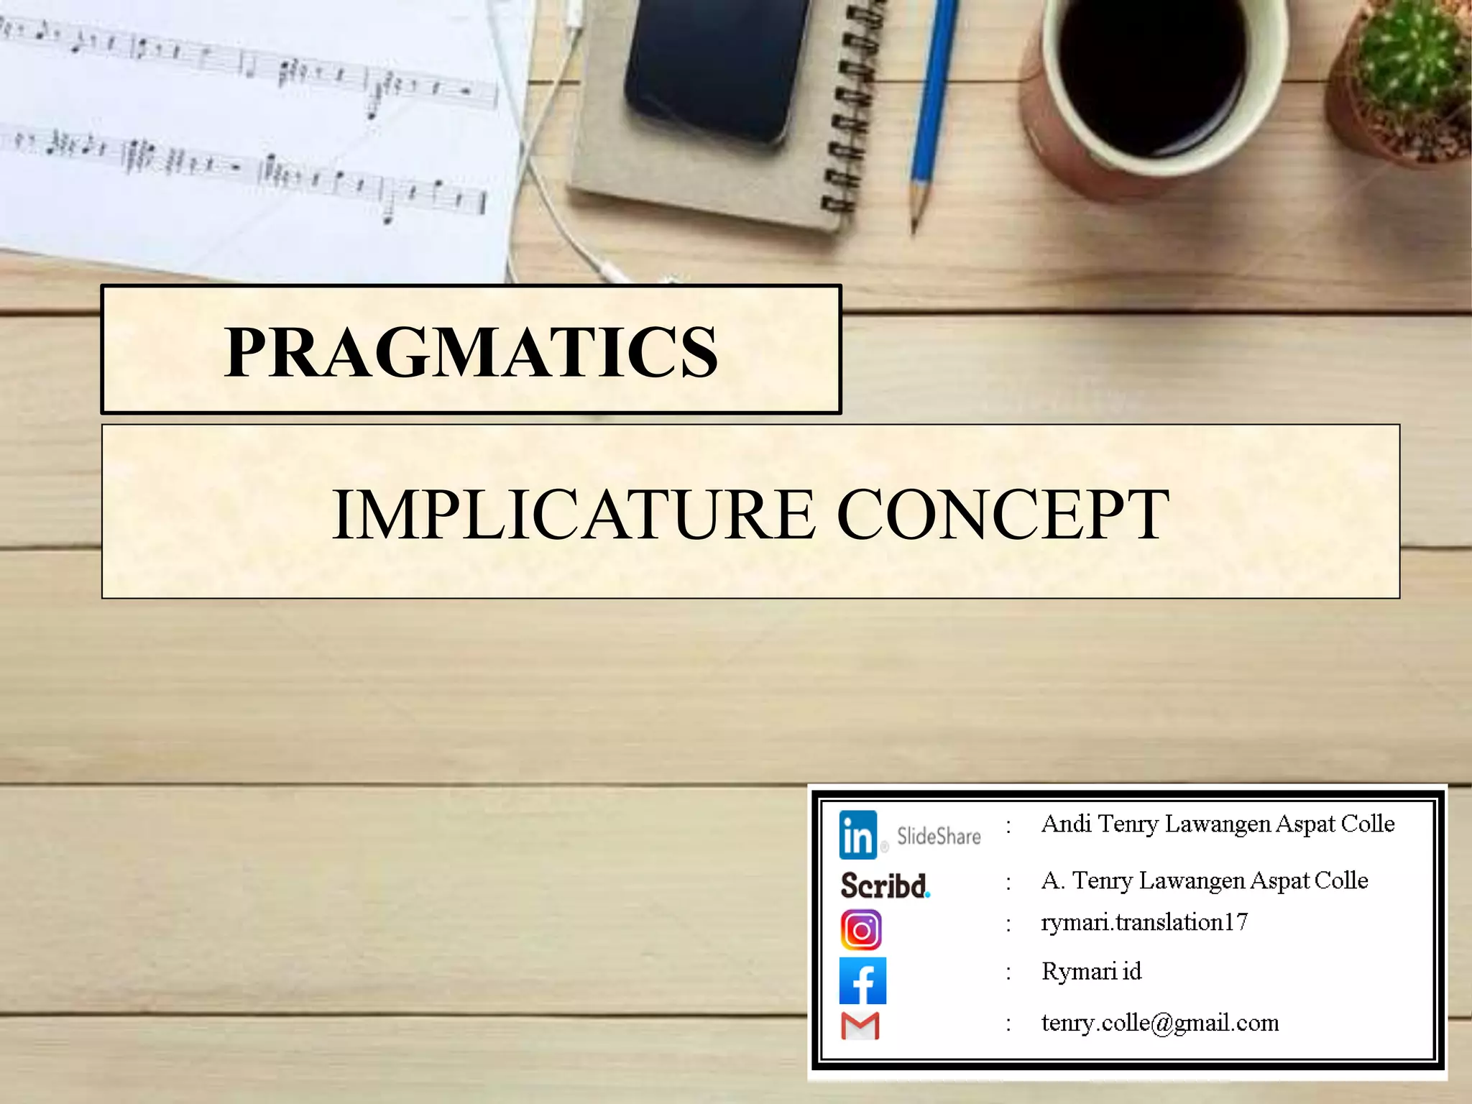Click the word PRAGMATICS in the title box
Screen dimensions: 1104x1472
pos(471,351)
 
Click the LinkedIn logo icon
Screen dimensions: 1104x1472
pos(857,835)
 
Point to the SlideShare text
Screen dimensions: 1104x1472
pos(939,837)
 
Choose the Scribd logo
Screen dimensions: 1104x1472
pos(885,885)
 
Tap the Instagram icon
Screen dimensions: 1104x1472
pos(861,930)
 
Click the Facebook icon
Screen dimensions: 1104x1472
pos(862,980)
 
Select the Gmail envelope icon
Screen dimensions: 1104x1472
pos(860,1026)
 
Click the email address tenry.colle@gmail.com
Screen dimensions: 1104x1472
pos(1159,1023)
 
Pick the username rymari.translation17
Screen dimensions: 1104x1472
pos(1144,922)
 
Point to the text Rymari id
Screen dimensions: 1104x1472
pos(1091,972)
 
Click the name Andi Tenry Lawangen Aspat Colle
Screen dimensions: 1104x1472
pos(1218,824)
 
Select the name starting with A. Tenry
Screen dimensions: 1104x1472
pos(1205,880)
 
